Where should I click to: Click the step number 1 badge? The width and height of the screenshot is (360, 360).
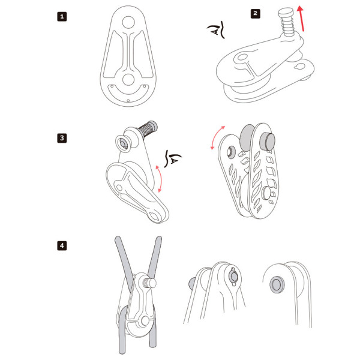pyautogui.click(x=62, y=17)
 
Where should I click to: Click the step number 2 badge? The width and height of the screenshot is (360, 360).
pyautogui.click(x=256, y=13)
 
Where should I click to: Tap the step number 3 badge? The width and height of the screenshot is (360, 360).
pyautogui.click(x=62, y=138)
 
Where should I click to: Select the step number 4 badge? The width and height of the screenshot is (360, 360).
pyautogui.click(x=62, y=245)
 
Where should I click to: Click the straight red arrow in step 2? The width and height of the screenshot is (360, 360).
pyautogui.click(x=301, y=19)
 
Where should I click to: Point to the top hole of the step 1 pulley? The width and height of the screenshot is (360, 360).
pyautogui.click(x=128, y=22)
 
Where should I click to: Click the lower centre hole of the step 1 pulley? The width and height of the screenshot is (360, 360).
pyautogui.click(x=128, y=80)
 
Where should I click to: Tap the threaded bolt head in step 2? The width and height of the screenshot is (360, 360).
pyautogui.click(x=286, y=11)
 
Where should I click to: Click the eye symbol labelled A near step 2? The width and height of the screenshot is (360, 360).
pyautogui.click(x=217, y=29)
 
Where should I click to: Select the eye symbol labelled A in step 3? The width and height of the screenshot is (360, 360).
pyautogui.click(x=172, y=158)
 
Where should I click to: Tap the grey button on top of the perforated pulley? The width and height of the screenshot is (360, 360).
pyautogui.click(x=267, y=142)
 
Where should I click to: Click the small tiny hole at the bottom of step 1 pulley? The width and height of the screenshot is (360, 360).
pyautogui.click(x=128, y=101)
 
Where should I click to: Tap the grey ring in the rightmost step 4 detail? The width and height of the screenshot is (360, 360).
pyautogui.click(x=277, y=284)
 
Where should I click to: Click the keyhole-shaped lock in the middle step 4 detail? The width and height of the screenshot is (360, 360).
pyautogui.click(x=233, y=277)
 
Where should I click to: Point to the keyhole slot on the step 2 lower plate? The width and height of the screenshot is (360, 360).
pyautogui.click(x=300, y=67)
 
